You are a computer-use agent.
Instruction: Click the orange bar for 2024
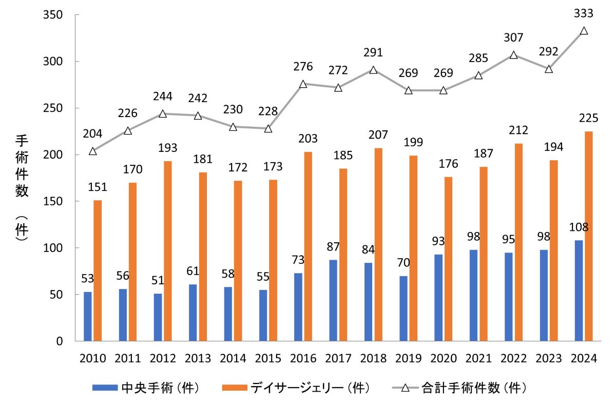pyautogui.click(x=589, y=236)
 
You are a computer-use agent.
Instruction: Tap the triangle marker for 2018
pyautogui.click(x=374, y=70)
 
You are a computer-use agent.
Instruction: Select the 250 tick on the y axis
pyautogui.click(x=52, y=108)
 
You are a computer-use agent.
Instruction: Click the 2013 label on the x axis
pyautogui.click(x=198, y=358)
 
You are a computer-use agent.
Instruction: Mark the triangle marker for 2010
pyautogui.click(x=93, y=151)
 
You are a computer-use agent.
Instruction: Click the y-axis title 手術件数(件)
pyautogui.click(x=22, y=187)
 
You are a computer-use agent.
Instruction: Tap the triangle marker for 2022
pyautogui.click(x=514, y=55)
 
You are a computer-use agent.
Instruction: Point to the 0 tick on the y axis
pyautogui.click(x=60, y=341)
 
